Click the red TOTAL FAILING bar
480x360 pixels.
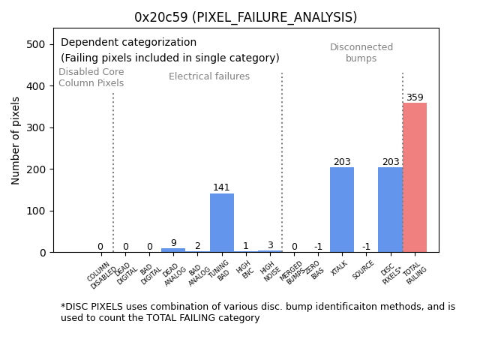tap(415, 178)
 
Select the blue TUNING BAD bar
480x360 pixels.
tap(222, 223)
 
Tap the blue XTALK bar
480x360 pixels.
tap(342, 210)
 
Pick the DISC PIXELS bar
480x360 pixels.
tap(390, 210)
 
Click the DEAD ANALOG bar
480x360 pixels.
tap(173, 250)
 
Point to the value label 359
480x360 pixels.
tap(415, 97)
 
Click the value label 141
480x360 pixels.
tap(221, 187)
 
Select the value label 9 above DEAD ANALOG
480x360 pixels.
tap(173, 243)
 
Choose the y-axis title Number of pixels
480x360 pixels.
tap(16, 140)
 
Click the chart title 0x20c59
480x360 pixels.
tap(245, 17)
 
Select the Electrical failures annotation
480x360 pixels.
tap(209, 76)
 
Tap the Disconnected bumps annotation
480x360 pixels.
tap(361, 52)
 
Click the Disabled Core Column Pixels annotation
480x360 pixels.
tap(91, 77)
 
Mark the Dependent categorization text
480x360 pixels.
tap(128, 43)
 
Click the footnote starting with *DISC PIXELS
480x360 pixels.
tap(257, 312)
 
